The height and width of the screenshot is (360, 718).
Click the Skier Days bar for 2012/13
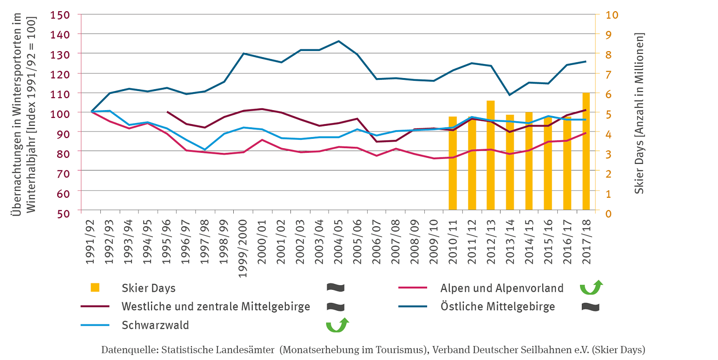(x=491, y=155)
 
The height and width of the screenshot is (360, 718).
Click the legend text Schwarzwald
(x=155, y=325)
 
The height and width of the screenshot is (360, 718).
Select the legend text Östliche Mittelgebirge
(x=498, y=307)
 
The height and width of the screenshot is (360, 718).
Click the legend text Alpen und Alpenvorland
(x=502, y=288)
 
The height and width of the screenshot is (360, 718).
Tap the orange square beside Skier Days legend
(x=95, y=288)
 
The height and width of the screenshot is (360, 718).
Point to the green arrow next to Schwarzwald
(x=336, y=325)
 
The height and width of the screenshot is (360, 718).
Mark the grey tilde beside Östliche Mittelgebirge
(x=590, y=307)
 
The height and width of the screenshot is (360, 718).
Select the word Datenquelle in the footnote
(x=123, y=350)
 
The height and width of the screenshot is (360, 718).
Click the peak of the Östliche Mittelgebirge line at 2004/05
(x=339, y=41)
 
